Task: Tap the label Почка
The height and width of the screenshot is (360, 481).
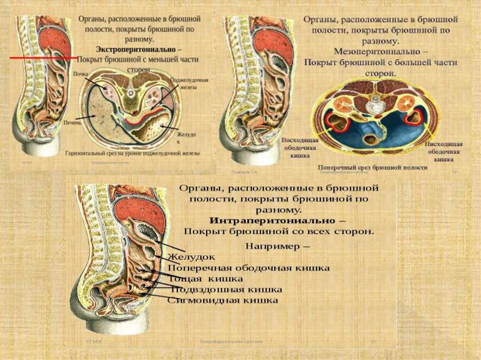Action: click(81, 74)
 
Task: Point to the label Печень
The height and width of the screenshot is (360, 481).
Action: click(72, 122)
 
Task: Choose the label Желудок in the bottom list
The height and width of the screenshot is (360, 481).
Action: click(192, 257)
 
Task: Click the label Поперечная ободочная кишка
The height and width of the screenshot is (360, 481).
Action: click(248, 268)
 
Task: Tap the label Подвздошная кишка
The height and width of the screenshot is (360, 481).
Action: click(225, 289)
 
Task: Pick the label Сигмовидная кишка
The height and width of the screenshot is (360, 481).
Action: click(223, 300)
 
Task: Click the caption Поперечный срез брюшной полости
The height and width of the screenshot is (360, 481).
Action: click(372, 167)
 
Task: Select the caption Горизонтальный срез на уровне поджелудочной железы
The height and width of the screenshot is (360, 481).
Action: click(132, 153)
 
